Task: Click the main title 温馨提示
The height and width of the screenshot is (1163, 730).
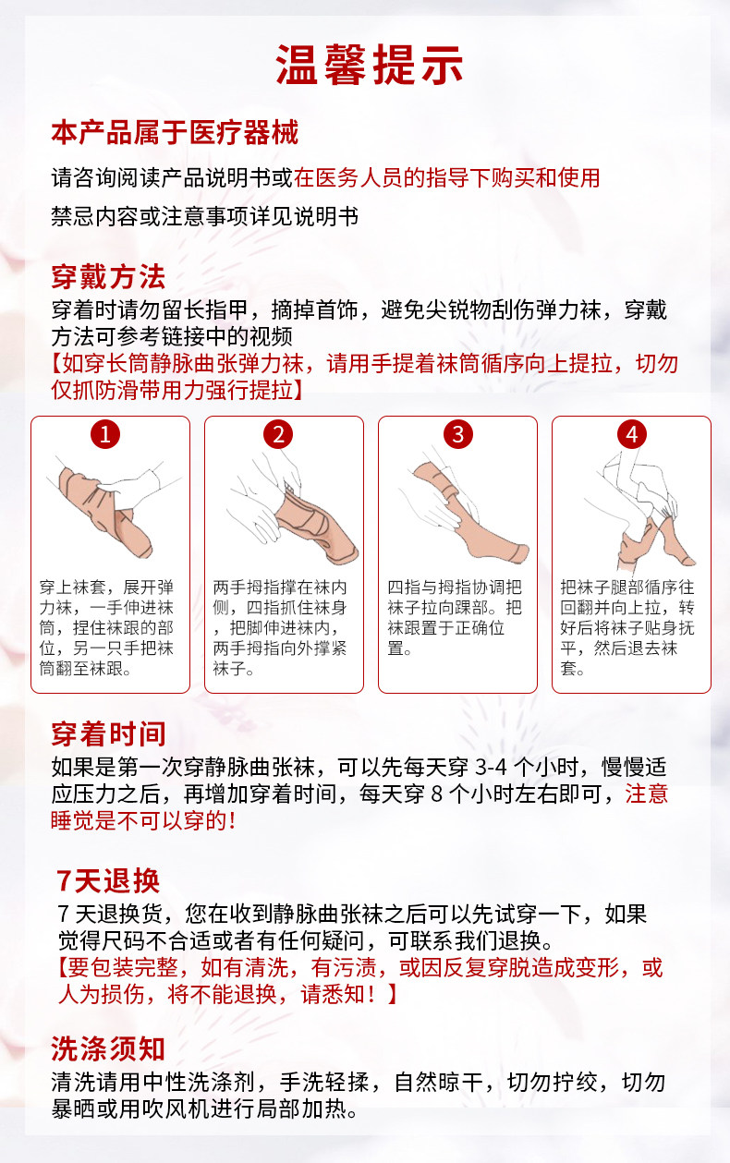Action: pyautogui.click(x=369, y=65)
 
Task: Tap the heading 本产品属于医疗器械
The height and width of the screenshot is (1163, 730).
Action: pyautogui.click(x=175, y=132)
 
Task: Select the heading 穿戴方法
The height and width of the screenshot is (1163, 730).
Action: pyautogui.click(x=108, y=277)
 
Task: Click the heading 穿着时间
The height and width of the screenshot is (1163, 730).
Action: pyautogui.click(x=108, y=733)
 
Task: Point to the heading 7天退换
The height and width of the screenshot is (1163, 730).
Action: pyautogui.click(x=108, y=880)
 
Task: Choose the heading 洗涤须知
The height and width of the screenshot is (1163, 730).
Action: pyautogui.click(x=108, y=1048)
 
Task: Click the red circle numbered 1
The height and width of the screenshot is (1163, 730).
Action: pyautogui.click(x=105, y=434)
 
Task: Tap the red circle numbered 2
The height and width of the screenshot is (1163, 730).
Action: pyautogui.click(x=278, y=434)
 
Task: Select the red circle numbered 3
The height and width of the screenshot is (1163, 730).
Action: pyautogui.click(x=458, y=434)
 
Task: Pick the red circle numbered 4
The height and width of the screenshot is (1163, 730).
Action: pyautogui.click(x=632, y=434)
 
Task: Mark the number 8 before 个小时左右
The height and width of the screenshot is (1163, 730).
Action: pyautogui.click(x=437, y=794)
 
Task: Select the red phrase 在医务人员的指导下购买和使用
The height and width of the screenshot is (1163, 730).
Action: pyautogui.click(x=447, y=177)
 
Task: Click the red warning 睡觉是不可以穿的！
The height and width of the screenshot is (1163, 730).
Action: pyautogui.click(x=144, y=821)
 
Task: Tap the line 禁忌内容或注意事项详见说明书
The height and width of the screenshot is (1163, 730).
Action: pyautogui.click(x=205, y=216)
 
